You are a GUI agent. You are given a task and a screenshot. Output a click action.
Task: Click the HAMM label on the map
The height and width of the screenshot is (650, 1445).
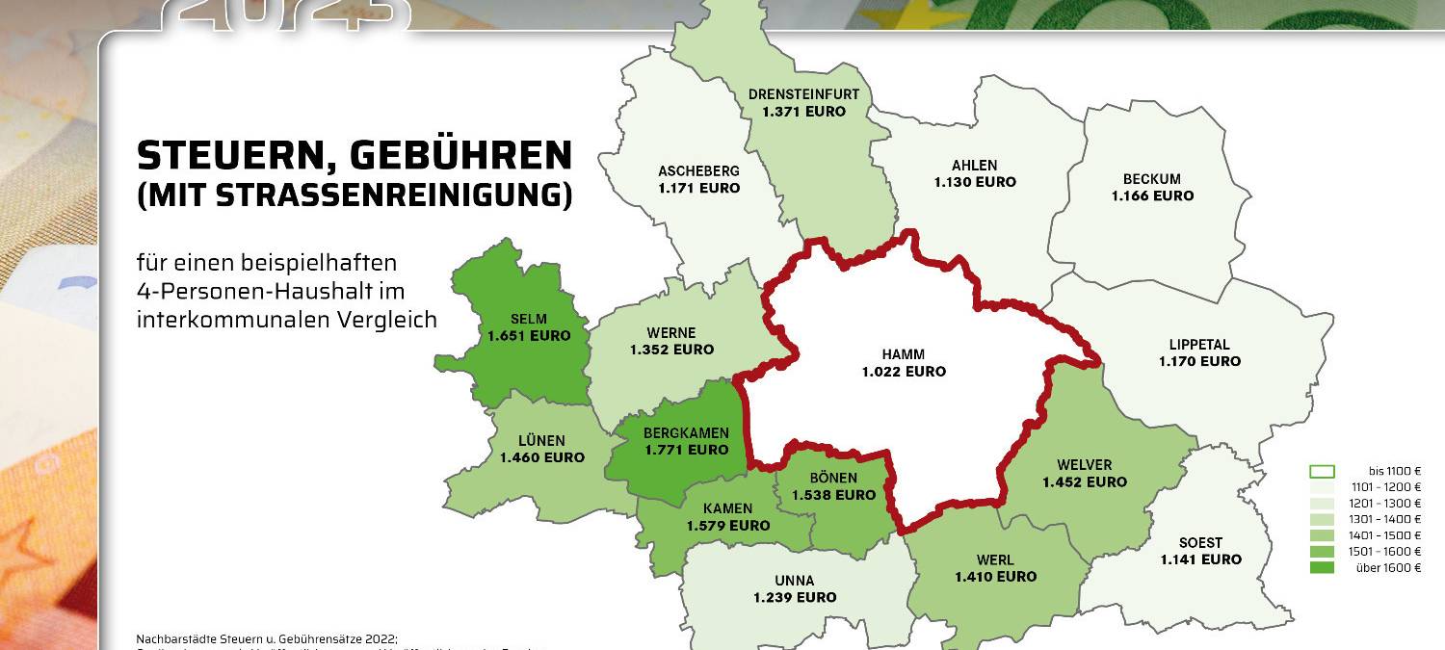point(904,354)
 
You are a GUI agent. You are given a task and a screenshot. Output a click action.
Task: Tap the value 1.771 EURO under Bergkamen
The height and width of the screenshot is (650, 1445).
point(687,450)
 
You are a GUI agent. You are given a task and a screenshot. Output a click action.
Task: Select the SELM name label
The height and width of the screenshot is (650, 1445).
point(529,319)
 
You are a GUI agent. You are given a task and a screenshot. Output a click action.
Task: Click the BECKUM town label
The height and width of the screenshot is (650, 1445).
point(1152,179)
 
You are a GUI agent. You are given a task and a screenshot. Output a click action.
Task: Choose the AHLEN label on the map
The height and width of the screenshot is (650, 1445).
point(975,165)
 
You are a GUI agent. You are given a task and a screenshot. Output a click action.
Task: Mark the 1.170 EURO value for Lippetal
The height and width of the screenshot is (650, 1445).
point(1199,362)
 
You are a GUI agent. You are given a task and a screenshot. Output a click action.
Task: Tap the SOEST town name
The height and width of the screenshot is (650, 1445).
point(1200,543)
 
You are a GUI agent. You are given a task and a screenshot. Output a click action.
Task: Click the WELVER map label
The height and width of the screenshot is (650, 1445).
point(1084,465)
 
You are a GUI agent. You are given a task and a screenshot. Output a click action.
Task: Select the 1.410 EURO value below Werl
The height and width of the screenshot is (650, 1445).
point(996,577)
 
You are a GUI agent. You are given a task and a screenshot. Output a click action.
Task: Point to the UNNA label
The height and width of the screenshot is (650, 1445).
point(795,581)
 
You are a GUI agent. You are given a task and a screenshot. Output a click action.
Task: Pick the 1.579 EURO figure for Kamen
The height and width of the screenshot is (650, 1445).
point(728,526)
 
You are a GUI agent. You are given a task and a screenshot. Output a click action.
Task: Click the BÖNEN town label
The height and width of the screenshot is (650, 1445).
point(833,479)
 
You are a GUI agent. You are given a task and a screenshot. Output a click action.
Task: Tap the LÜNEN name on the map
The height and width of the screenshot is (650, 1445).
point(541,441)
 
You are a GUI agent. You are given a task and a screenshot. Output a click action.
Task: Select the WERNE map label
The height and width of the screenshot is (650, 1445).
point(672,333)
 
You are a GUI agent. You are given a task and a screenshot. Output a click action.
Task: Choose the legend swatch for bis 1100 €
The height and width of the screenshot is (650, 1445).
point(1322,472)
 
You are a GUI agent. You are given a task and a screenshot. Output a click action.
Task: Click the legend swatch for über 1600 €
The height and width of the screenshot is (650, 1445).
point(1322,568)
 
